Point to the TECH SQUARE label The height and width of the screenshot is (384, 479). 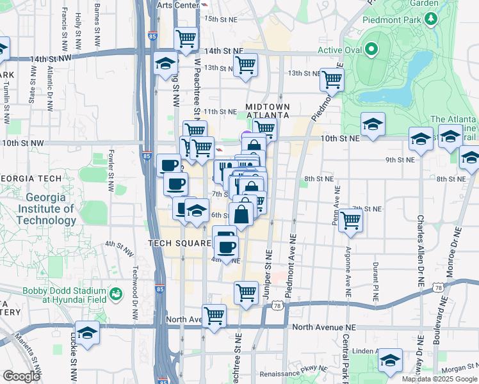179,243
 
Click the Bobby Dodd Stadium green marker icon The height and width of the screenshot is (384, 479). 116,294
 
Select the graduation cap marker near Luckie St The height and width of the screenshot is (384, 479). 87,333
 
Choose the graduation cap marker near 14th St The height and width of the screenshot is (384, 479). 165,63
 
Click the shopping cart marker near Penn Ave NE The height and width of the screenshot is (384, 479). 350,220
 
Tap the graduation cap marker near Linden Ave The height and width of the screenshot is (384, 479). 389,360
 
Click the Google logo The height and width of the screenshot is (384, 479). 21,376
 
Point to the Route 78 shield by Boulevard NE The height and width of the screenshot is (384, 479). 439,289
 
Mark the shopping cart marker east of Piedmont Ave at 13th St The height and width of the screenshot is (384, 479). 332,79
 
